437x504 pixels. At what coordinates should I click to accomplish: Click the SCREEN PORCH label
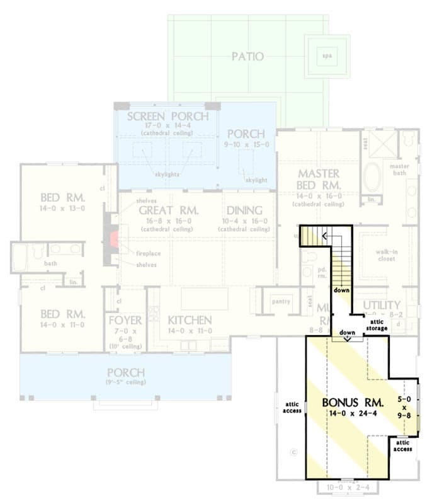click(167, 117)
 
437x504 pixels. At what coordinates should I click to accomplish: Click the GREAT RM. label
click(169, 210)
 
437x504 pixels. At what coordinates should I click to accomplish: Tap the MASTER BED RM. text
click(319, 180)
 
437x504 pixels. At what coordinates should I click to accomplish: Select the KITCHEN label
click(189, 320)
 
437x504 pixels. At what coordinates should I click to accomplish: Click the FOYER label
click(125, 321)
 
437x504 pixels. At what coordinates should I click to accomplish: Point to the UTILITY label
click(382, 305)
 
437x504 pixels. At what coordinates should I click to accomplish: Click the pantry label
click(281, 302)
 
